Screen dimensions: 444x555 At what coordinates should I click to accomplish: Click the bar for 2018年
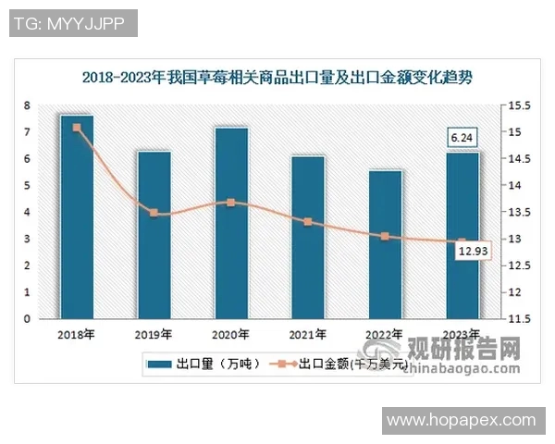77,217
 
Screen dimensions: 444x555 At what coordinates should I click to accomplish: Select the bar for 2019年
154,235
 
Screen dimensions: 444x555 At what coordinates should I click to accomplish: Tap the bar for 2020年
231,223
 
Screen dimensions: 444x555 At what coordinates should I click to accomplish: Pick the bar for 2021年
308,238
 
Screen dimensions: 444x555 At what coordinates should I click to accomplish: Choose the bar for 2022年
385,245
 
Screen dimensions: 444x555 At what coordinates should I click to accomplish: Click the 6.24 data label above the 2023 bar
462,138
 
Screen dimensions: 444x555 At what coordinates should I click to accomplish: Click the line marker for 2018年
77,128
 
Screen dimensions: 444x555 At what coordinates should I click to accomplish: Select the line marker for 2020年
231,202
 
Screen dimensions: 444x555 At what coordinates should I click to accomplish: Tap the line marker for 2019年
154,213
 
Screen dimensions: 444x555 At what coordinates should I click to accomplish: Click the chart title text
277,77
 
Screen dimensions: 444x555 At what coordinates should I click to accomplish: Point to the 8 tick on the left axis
28,105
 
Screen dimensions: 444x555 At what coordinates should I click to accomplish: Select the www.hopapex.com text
461,421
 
